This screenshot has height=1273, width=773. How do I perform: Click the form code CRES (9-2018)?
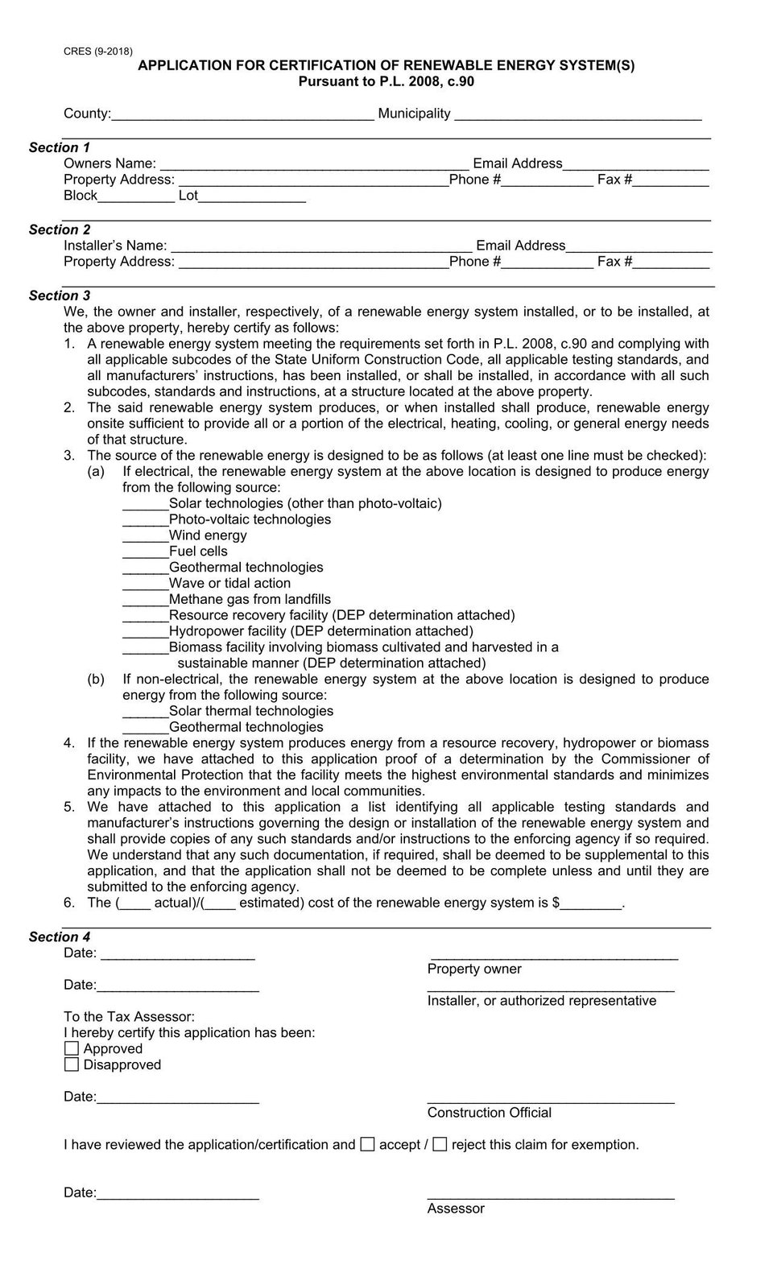click(x=98, y=52)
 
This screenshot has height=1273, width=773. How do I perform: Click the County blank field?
click(x=242, y=115)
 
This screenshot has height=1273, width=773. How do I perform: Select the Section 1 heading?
click(x=60, y=147)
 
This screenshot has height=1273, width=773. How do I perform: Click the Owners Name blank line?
click(x=313, y=165)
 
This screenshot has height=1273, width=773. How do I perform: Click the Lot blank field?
click(x=252, y=197)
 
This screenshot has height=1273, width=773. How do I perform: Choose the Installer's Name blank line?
click(x=321, y=247)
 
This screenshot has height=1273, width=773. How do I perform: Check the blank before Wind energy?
click(x=145, y=537)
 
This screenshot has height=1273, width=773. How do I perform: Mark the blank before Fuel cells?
click(x=145, y=553)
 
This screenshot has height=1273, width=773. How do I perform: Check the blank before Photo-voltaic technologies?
click(x=145, y=521)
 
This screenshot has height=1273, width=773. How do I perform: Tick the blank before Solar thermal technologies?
click(x=145, y=713)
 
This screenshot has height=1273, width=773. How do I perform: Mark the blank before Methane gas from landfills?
click(x=145, y=601)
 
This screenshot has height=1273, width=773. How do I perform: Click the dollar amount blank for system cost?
click(x=591, y=904)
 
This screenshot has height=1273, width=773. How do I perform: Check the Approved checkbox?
click(x=72, y=1048)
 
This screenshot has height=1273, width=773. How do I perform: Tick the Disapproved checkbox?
click(x=72, y=1064)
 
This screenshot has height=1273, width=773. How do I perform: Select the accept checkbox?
click(x=367, y=1144)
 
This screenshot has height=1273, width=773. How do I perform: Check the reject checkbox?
click(x=440, y=1144)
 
